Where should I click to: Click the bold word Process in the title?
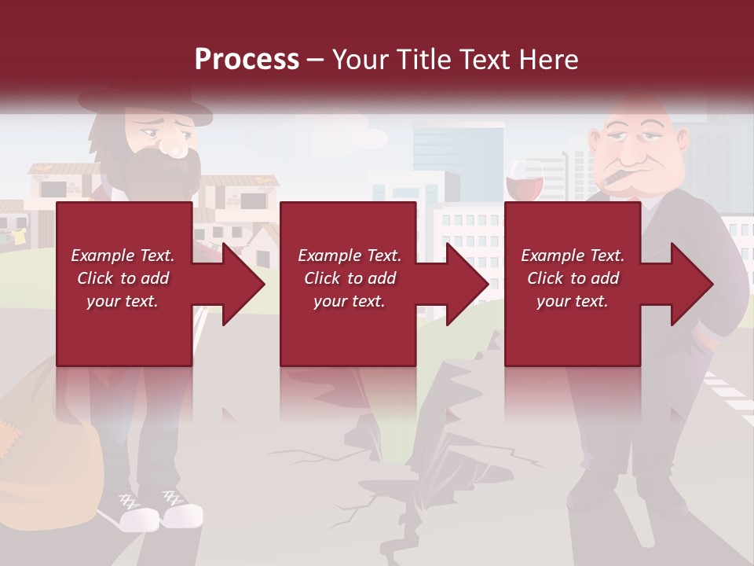[247, 59]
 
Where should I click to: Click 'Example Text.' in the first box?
[123, 255]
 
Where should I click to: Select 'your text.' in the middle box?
[349, 301]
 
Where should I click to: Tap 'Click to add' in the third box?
[573, 278]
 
